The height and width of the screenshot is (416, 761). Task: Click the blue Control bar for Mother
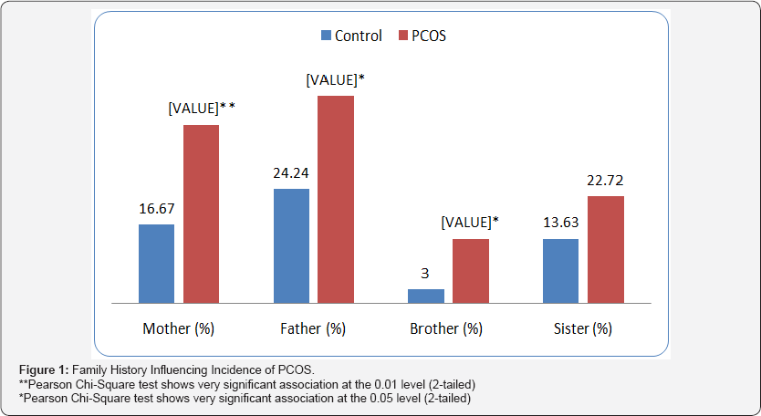[x=156, y=263]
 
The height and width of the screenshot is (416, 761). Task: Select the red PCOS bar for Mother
[x=201, y=213]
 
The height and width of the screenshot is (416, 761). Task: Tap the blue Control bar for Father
[x=291, y=245]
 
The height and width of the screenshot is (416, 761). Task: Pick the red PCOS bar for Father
[x=335, y=199]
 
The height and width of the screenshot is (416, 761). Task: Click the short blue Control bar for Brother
[x=425, y=296]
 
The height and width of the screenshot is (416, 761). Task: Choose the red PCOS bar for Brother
[x=470, y=270]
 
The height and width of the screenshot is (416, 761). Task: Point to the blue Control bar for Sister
[x=560, y=270]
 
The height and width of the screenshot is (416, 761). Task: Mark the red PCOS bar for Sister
[x=605, y=249]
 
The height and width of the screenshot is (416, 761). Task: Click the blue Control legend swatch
[x=325, y=36]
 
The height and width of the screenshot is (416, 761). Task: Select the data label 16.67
[x=156, y=208]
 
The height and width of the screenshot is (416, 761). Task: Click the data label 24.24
[x=291, y=172]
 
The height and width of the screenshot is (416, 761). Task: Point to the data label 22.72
[x=605, y=180]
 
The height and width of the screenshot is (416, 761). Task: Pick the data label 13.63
[x=560, y=223]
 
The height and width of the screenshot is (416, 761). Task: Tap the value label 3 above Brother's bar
[x=425, y=273]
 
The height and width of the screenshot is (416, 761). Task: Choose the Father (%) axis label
[x=313, y=328]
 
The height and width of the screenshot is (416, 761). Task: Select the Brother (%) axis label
[x=447, y=328]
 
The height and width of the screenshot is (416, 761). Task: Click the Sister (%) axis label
[x=582, y=328]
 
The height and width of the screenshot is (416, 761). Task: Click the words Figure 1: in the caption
[x=43, y=368]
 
